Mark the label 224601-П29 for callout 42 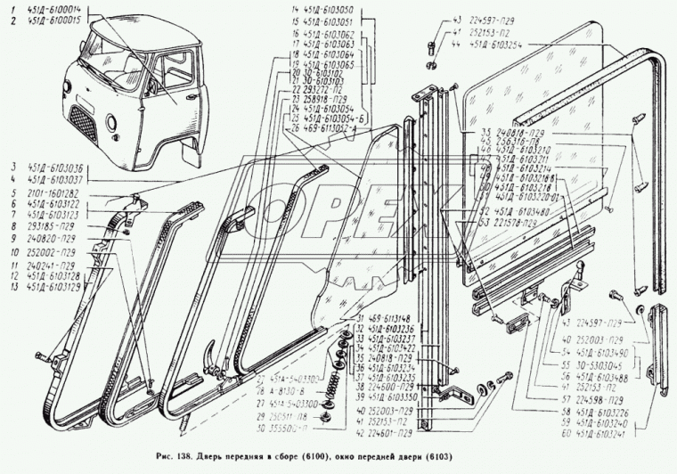395,434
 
